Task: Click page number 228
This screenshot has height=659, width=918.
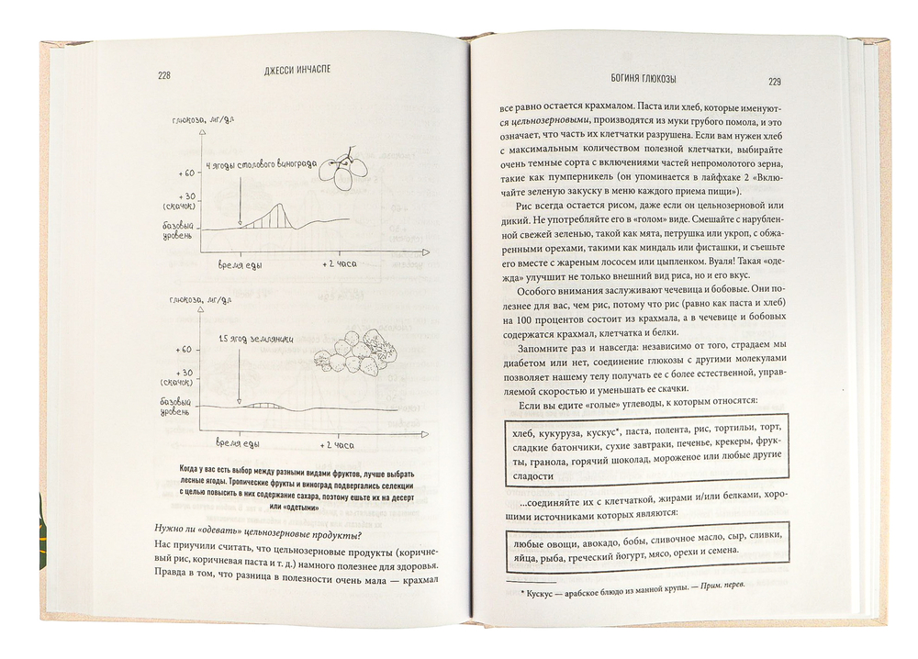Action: pos(164,77)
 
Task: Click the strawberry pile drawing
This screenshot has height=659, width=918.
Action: pos(353,353)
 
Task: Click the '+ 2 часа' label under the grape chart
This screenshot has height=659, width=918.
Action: pos(338,263)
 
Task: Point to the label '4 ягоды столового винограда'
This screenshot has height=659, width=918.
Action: pos(262,165)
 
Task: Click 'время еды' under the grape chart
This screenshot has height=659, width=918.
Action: pos(244,263)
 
